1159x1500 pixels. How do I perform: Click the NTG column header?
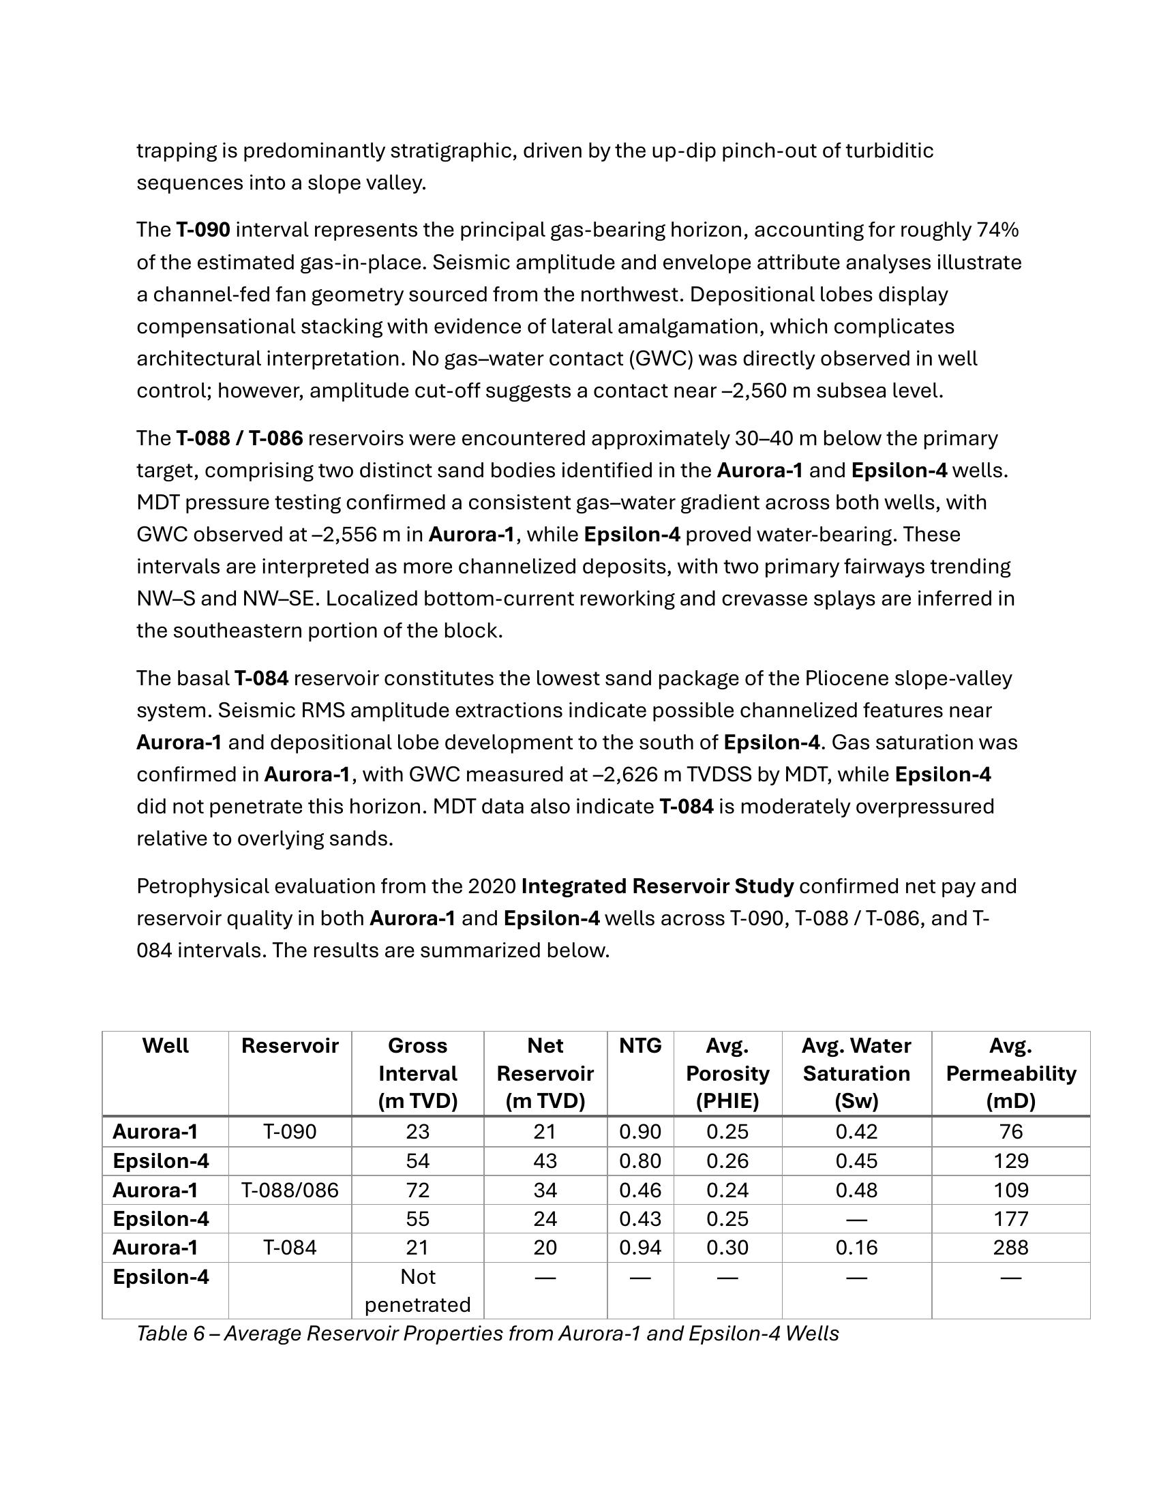tap(640, 1045)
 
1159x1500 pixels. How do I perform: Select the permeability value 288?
tap(1010, 1246)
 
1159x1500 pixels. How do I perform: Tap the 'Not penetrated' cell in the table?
tap(417, 1290)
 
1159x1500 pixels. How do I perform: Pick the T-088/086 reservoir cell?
tap(290, 1190)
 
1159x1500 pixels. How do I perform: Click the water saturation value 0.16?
tap(856, 1246)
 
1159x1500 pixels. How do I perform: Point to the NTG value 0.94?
tap(640, 1246)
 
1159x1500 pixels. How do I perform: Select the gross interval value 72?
tap(417, 1190)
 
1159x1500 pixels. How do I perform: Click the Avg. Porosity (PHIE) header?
tap(727, 1072)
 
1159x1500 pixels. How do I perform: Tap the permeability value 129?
tap(1010, 1160)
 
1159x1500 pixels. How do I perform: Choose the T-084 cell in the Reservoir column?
tap(290, 1246)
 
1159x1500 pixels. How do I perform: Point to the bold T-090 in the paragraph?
tap(202, 230)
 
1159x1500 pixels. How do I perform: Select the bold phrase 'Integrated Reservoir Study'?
tap(657, 886)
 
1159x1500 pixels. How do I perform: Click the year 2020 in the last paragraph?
tap(492, 886)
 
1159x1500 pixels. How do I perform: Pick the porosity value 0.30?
tap(727, 1246)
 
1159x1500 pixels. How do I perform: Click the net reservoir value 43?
tap(545, 1160)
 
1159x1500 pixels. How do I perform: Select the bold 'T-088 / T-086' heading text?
tap(239, 438)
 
